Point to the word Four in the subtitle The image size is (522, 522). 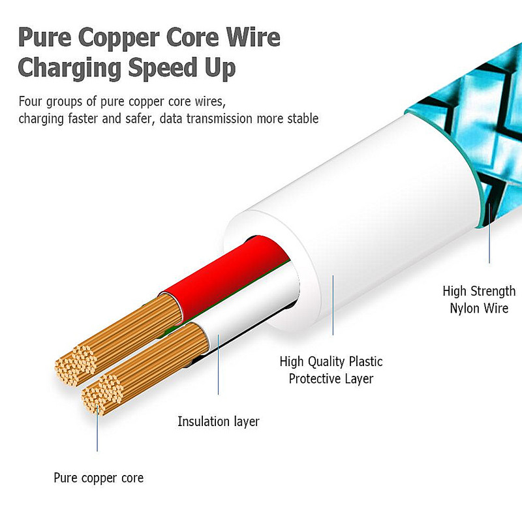(31, 102)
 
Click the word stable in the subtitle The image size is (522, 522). (301, 119)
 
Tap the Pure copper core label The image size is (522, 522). (98, 478)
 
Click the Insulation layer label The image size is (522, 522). (218, 422)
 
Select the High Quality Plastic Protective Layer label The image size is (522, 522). (331, 370)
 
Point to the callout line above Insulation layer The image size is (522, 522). (218, 365)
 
